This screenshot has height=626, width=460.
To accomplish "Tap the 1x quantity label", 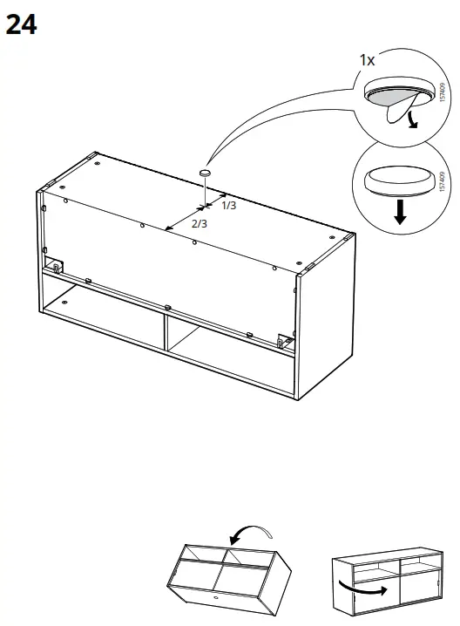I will (367, 60).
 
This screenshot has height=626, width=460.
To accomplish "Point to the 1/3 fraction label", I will (229, 206).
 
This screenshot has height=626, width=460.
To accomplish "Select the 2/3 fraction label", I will (199, 224).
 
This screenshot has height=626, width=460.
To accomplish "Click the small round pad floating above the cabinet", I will (205, 174).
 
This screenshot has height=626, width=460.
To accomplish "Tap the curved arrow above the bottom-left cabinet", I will (247, 531).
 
